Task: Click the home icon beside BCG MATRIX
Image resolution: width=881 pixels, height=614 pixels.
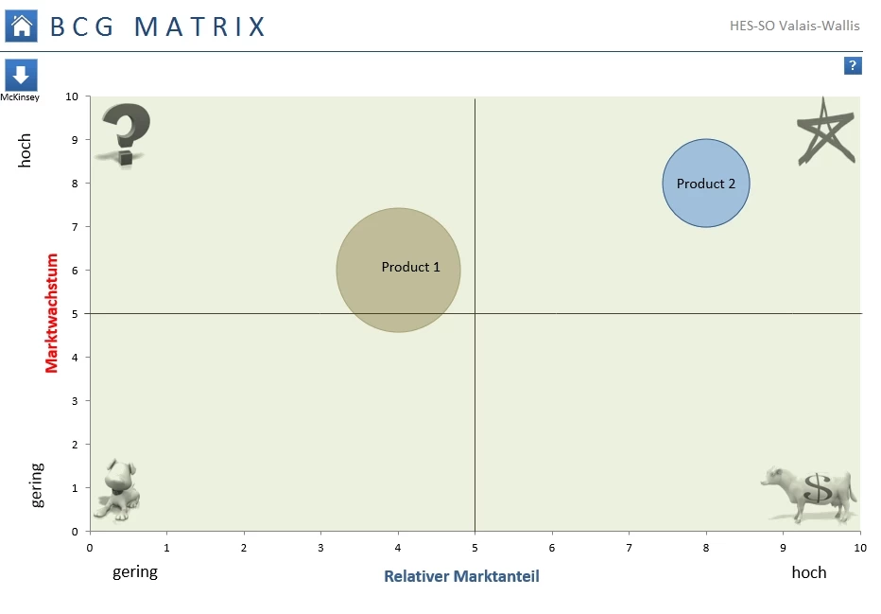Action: click(x=21, y=26)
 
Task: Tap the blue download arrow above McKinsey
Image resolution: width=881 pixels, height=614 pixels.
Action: click(x=21, y=75)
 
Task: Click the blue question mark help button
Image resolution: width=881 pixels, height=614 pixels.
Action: click(x=853, y=65)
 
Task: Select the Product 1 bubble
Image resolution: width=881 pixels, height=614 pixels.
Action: click(x=398, y=271)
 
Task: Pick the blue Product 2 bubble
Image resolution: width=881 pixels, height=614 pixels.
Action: click(x=705, y=184)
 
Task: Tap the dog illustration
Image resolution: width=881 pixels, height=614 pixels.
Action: click(x=117, y=490)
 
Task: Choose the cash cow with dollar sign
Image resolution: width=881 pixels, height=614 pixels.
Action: click(x=810, y=492)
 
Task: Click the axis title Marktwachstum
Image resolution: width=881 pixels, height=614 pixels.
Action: click(x=52, y=312)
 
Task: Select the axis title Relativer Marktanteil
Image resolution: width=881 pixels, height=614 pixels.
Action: click(x=461, y=576)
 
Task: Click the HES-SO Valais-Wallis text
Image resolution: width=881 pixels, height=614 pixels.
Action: click(x=795, y=26)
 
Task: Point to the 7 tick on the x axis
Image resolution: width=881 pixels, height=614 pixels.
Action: click(x=629, y=547)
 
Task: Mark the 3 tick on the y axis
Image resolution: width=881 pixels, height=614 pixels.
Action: click(x=75, y=401)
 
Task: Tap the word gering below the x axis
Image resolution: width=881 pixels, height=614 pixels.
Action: click(x=135, y=572)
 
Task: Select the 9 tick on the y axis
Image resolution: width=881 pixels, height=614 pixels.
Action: click(x=75, y=140)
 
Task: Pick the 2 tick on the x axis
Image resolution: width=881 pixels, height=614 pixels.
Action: click(x=244, y=547)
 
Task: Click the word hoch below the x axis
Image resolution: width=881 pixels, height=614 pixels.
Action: click(x=808, y=572)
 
